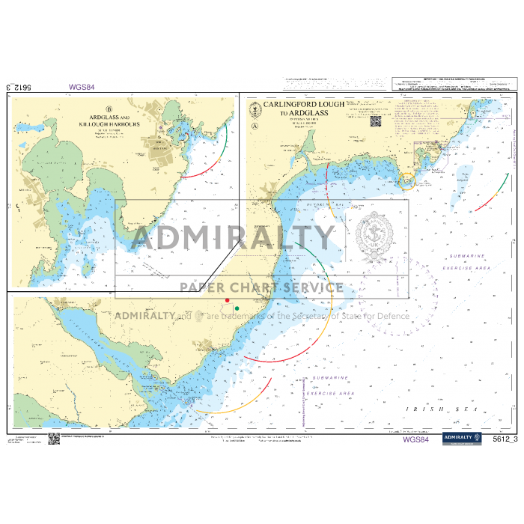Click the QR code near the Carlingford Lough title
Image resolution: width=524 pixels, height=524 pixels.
pos(375,120)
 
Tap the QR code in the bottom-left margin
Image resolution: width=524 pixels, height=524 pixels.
pos(53,440)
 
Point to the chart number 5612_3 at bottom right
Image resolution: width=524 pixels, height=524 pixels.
pos(505,439)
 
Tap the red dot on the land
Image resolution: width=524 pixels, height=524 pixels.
pos(228,300)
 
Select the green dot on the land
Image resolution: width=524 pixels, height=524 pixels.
pos(237,308)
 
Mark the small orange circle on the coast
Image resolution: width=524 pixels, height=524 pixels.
pos(406,180)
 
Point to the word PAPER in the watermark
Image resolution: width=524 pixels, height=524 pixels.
pos(207,287)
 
